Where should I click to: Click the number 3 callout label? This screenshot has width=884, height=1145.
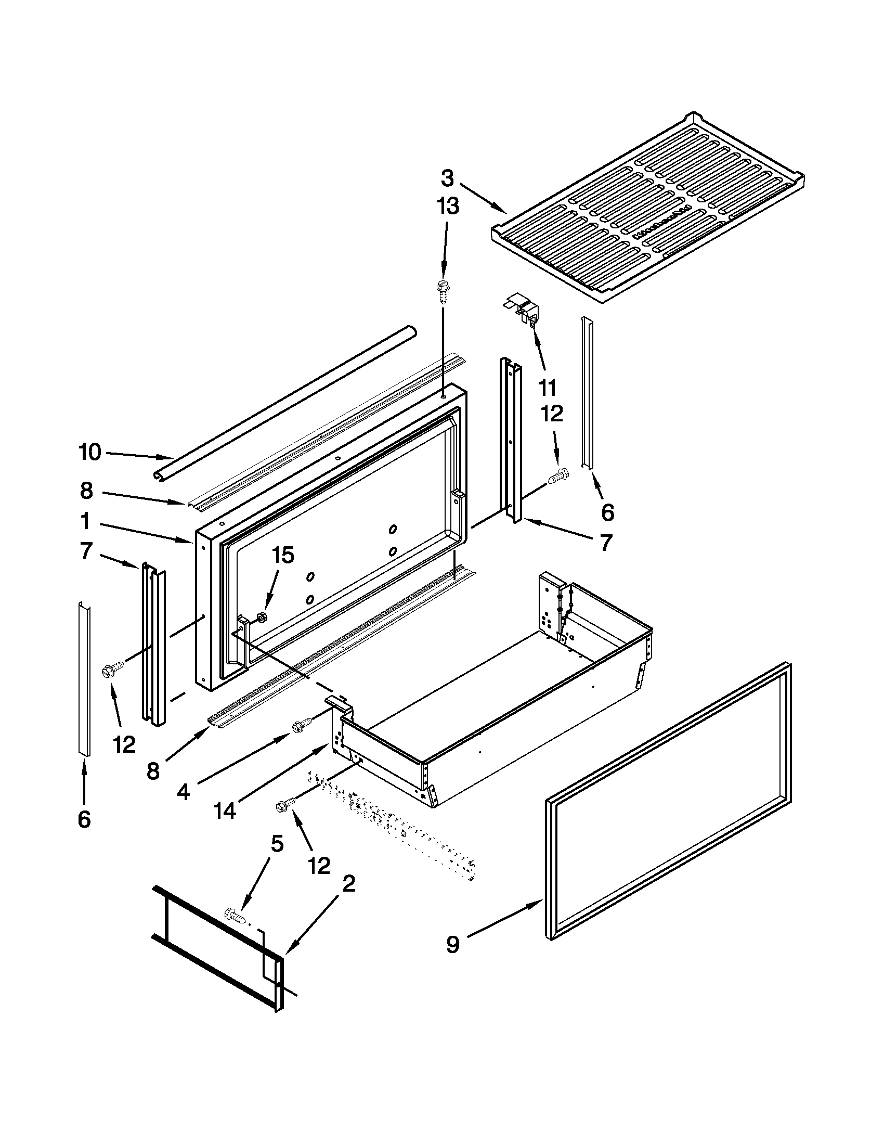pos(447,179)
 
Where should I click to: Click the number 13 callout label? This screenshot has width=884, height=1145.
pos(448,206)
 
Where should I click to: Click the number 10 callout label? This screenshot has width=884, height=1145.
pos(89,453)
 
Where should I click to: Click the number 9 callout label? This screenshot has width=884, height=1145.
pos(453,945)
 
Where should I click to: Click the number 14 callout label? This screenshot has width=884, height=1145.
pos(225,810)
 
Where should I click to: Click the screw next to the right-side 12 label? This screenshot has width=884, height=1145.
pos(557,477)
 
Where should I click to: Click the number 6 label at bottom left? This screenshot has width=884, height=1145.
pos(84,819)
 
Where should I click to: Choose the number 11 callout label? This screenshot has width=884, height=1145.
pos(547,388)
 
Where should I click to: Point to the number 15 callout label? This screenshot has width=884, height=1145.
pos(283,556)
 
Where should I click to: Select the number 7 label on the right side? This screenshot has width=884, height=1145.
pos(606,543)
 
